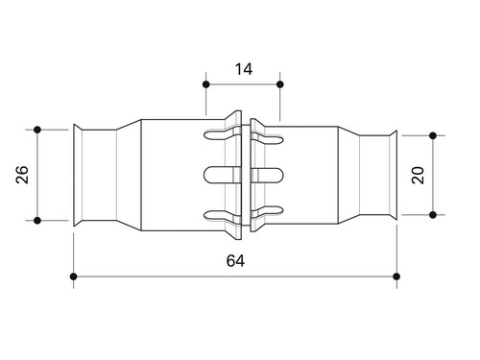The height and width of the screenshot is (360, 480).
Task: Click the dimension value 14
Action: click(244, 69)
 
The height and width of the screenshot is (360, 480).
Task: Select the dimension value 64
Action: click(235, 261)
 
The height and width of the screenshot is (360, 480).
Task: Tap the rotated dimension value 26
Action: click(22, 175)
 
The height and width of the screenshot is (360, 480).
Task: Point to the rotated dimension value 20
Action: click(418, 175)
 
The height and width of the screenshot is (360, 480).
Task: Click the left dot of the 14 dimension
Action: click(206, 84)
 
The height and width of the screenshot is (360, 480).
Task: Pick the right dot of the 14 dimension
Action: click(280, 84)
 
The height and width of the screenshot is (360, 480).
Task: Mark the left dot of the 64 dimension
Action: click(74, 276)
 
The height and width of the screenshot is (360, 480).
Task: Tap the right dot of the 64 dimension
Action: click(396, 276)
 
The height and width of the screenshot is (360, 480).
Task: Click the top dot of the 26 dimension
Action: click(37, 130)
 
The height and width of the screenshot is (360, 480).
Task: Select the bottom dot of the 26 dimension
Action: click(37, 221)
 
